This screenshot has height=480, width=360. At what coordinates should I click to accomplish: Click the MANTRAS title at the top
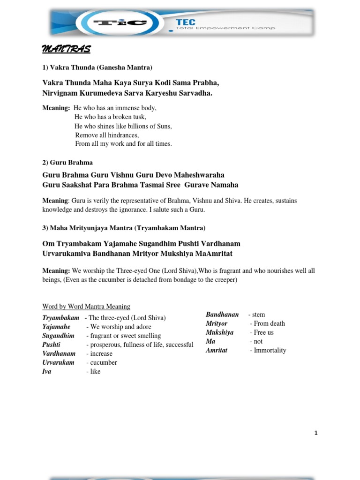(67, 49)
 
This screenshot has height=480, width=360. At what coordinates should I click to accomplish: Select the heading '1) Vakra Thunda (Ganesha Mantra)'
(97, 67)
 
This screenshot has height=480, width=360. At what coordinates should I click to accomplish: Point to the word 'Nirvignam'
(60, 93)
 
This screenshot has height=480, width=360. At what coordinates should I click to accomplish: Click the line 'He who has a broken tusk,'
(110, 117)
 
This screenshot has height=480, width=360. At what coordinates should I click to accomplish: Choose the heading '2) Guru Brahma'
(67, 162)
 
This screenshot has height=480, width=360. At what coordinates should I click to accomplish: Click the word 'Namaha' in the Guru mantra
(224, 185)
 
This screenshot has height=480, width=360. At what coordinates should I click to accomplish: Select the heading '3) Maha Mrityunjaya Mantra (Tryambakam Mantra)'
(124, 228)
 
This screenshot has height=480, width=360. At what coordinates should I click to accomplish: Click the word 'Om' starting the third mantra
(48, 244)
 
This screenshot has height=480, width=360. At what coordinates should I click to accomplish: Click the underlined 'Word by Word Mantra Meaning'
(86, 307)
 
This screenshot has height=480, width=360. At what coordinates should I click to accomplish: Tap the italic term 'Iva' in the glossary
(47, 372)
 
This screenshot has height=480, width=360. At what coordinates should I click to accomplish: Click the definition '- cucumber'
(102, 362)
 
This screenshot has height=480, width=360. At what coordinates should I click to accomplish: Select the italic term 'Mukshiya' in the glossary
(219, 332)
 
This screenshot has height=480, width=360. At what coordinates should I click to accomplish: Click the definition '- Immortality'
(268, 350)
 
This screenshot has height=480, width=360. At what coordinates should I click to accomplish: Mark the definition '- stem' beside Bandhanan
(256, 315)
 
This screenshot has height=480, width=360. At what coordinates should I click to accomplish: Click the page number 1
(316, 433)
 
